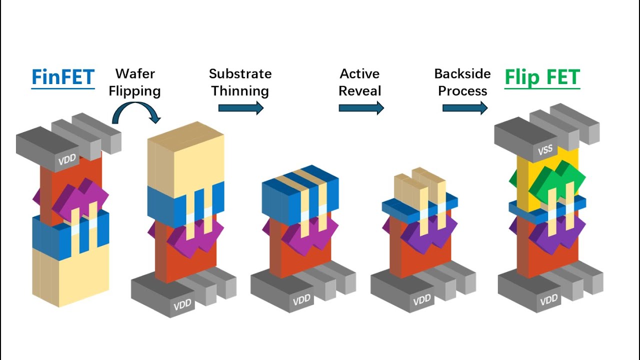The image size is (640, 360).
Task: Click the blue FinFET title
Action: click(x=63, y=77)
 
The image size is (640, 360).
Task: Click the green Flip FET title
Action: click(x=542, y=77)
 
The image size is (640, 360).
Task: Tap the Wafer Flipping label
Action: click(x=135, y=82)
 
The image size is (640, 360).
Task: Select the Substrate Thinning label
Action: click(x=240, y=82)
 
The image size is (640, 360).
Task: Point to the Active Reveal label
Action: click(x=359, y=82)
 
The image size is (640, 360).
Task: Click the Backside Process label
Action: click(x=462, y=82)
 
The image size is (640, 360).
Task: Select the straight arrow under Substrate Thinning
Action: click(x=240, y=107)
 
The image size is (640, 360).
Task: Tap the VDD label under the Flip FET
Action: click(x=548, y=300)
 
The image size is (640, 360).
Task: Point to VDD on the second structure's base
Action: click(x=182, y=305)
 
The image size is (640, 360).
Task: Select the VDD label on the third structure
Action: click(x=302, y=300)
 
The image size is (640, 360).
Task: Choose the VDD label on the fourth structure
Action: click(x=422, y=300)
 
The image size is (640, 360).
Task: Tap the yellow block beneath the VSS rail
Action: click(x=525, y=180)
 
